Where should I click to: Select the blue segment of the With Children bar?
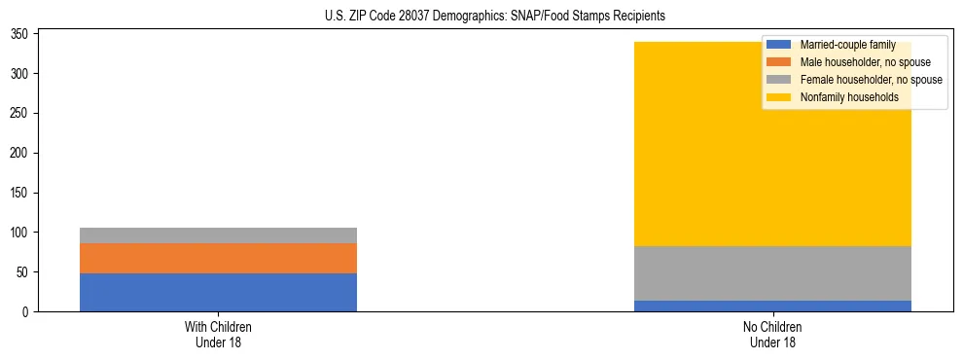[218, 292]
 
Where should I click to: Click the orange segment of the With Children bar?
[218, 258]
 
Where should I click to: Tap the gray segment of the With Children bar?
[218, 235]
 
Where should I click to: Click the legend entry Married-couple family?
[847, 45]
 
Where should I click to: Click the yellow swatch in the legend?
[779, 97]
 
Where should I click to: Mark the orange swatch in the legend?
[779, 62]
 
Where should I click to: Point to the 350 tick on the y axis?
[26, 34]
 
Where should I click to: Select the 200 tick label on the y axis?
[26, 153]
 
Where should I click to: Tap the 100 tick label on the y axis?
[26, 233]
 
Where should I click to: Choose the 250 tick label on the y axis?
[26, 113]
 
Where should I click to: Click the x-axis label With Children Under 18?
[218, 334]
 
